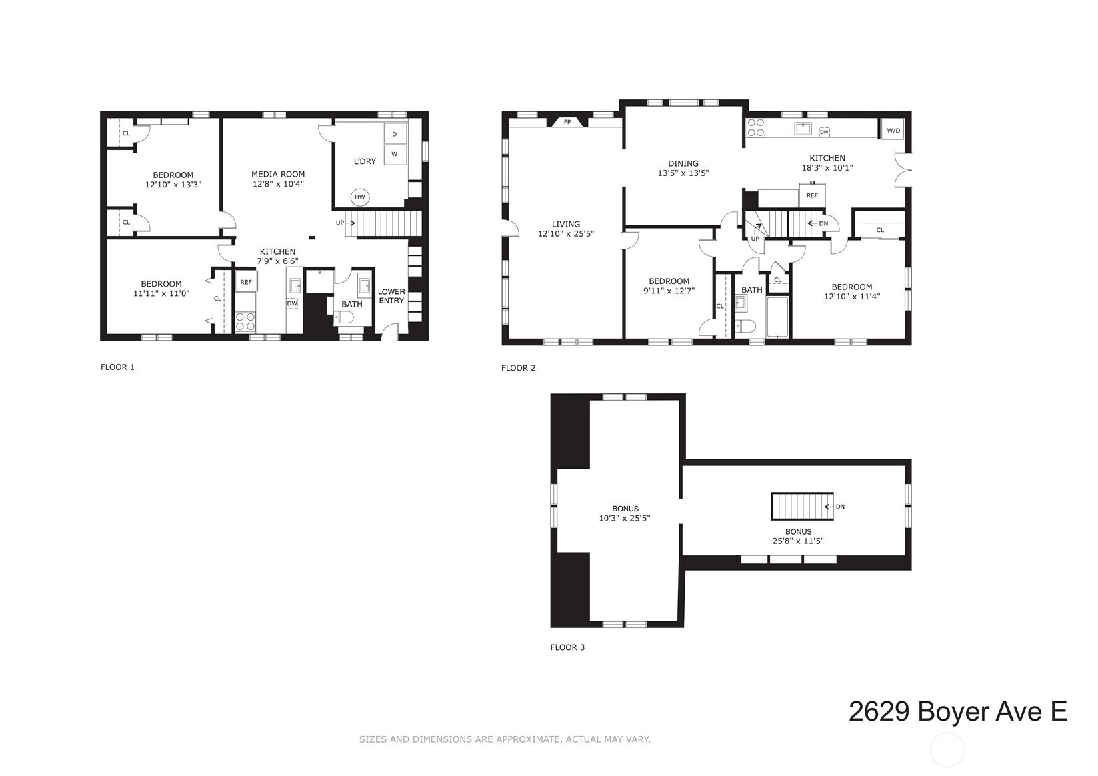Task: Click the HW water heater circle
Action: [360, 197]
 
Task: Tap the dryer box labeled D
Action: [395, 134]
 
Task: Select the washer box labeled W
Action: [395, 154]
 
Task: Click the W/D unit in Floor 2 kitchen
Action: [893, 130]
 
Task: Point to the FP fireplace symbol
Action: [567, 121]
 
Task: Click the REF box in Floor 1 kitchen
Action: [246, 281]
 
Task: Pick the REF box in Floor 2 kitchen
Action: [812, 195]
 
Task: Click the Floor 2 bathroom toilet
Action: [745, 326]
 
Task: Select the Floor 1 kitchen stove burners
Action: [245, 322]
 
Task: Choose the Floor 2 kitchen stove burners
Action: [755, 127]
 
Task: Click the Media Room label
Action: [278, 174]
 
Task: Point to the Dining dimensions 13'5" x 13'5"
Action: [683, 173]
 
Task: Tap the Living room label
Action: [565, 224]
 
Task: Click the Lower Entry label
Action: [391, 296]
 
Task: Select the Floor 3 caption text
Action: [567, 647]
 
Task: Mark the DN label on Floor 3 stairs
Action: [840, 507]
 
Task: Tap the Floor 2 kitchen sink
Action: [803, 129]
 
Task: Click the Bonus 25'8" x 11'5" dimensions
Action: [798, 541]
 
